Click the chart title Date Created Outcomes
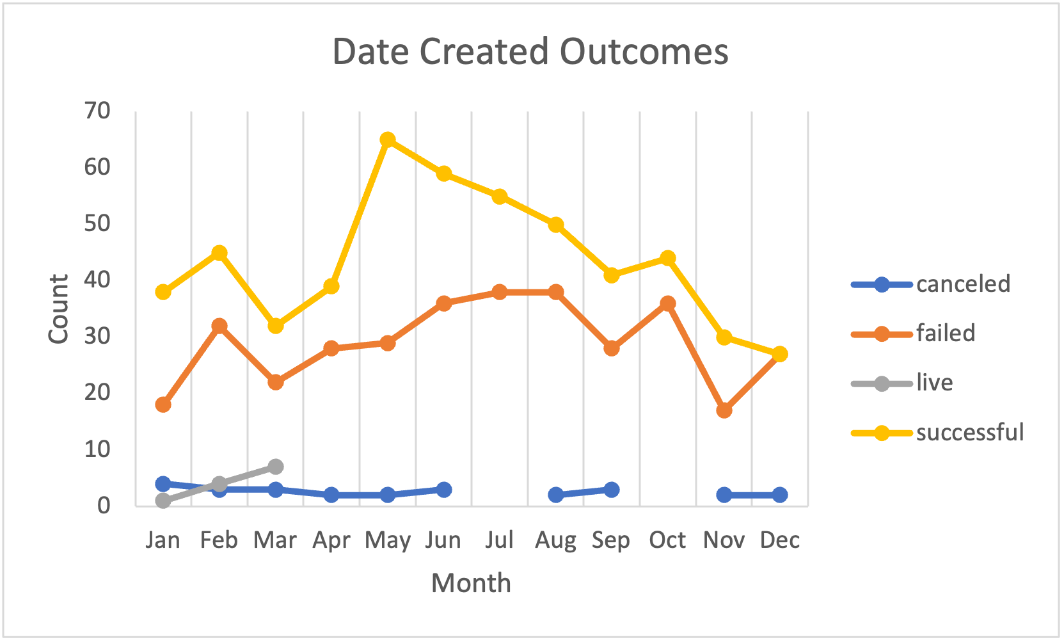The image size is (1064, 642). pos(530,52)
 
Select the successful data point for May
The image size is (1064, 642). pos(388,140)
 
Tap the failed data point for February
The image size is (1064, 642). pos(219,326)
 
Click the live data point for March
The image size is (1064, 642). pos(276,467)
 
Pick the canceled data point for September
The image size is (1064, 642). pos(612,490)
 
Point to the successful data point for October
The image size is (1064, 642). pos(668,258)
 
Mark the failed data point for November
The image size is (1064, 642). pos(724,410)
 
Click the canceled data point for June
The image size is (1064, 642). pos(444,490)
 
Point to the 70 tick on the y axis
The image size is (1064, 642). pos(97,111)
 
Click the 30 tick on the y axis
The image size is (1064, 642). pos(97,336)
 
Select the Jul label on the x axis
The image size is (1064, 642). pos(500,540)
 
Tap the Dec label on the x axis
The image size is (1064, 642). pos(780,540)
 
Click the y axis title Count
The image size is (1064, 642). pos(59,309)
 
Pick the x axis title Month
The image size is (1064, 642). pos(472,583)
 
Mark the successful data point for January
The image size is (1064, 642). pos(163,292)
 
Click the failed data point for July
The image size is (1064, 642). pos(500,292)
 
